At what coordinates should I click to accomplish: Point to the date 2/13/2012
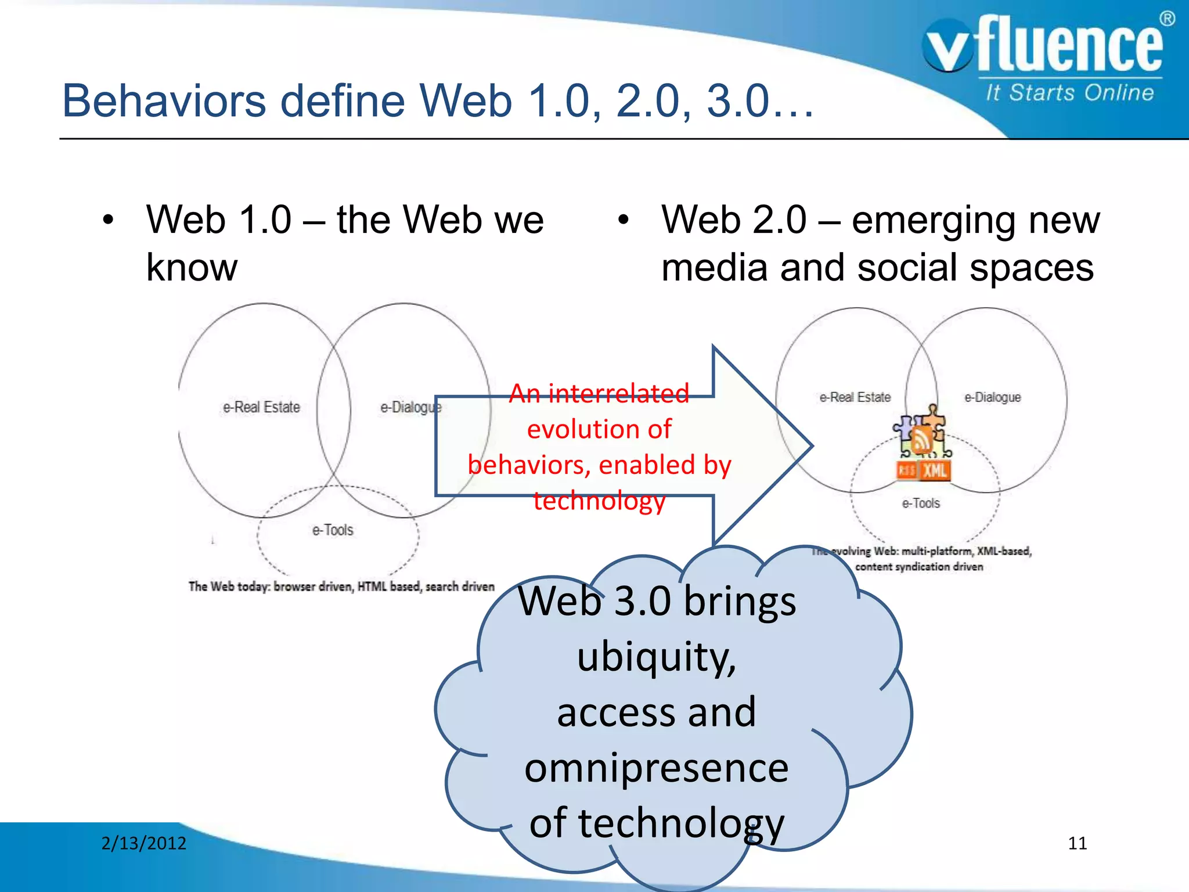click(143, 843)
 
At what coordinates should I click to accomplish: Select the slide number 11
click(1077, 843)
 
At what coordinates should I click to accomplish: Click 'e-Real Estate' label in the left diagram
click(261, 407)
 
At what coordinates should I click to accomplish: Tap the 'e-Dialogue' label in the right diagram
click(992, 397)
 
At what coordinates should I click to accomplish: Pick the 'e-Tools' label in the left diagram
click(333, 530)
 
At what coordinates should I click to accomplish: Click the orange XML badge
click(935, 470)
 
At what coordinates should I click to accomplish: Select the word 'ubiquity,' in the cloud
click(657, 657)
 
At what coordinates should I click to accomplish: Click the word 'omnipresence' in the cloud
click(657, 768)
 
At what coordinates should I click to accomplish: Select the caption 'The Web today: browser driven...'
click(341, 587)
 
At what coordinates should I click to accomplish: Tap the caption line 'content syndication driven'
click(919, 567)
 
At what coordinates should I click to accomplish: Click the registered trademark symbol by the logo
click(1167, 19)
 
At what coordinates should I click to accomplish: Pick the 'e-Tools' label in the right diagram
click(921, 503)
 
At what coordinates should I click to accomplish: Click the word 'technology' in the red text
click(599, 501)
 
